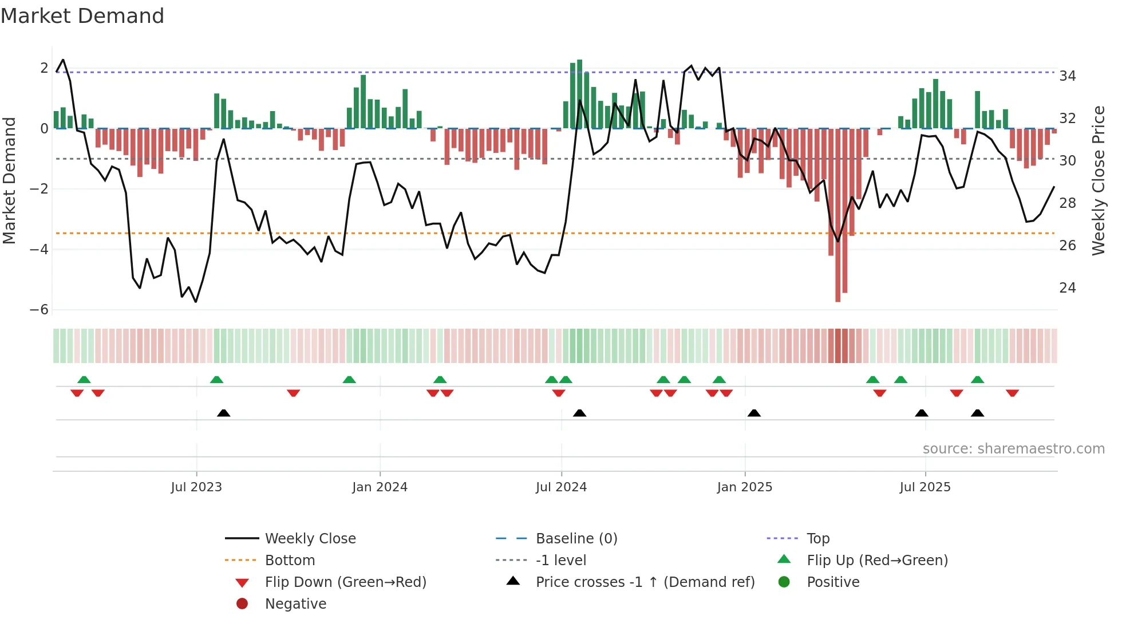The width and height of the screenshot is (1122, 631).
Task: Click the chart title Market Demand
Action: pyautogui.click(x=82, y=16)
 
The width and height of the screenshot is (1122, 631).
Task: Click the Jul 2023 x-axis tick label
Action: pyautogui.click(x=196, y=487)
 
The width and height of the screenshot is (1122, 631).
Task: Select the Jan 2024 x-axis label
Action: pyautogui.click(x=380, y=487)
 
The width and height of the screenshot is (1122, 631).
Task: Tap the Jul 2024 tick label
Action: pyautogui.click(x=561, y=487)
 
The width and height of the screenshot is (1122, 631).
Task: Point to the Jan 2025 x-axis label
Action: pyautogui.click(x=744, y=487)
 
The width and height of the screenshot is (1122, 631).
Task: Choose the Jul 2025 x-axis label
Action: pyautogui.click(x=925, y=487)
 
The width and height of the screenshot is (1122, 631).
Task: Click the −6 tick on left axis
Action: pyautogui.click(x=39, y=310)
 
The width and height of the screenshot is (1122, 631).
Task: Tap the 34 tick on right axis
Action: pyautogui.click(x=1067, y=76)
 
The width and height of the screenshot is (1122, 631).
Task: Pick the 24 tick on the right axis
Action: pyautogui.click(x=1067, y=287)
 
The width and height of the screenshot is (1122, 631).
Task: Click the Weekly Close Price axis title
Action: pyautogui.click(x=1098, y=180)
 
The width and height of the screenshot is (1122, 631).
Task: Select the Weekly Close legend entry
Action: pyautogui.click(x=310, y=539)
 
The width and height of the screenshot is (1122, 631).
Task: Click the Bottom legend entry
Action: pyautogui.click(x=290, y=561)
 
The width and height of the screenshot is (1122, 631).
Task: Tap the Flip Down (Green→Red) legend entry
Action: pyautogui.click(x=345, y=582)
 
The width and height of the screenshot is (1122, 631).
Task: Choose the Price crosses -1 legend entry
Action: pyautogui.click(x=645, y=582)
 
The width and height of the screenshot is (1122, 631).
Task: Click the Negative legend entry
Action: pyautogui.click(x=295, y=604)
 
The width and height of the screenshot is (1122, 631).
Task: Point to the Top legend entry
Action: pyautogui.click(x=817, y=539)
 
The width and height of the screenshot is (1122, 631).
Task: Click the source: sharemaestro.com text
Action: pyautogui.click(x=1013, y=449)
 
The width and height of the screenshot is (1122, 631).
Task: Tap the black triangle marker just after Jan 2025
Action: pyautogui.click(x=754, y=413)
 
